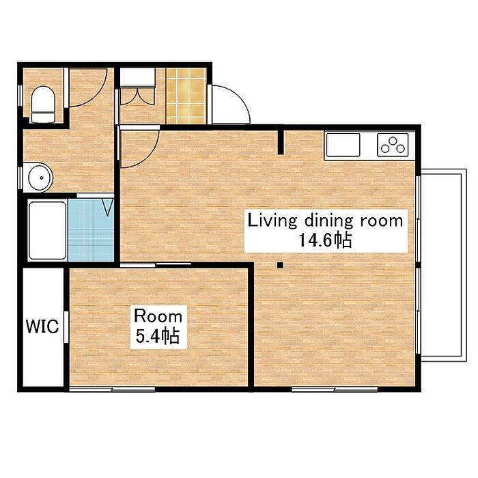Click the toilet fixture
[43, 104]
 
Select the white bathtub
[47, 231]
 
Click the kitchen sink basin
[343, 145]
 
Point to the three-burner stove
[393, 145]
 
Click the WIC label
[42, 326]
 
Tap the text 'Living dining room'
[325, 221]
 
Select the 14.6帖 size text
[325, 240]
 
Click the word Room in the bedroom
[158, 315]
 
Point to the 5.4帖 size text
[157, 336]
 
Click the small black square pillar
[280, 266]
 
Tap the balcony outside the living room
[444, 265]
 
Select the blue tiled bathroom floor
[91, 231]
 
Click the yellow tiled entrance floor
[186, 96]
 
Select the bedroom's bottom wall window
[112, 389]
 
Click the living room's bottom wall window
[335, 389]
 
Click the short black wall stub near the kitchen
[281, 142]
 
